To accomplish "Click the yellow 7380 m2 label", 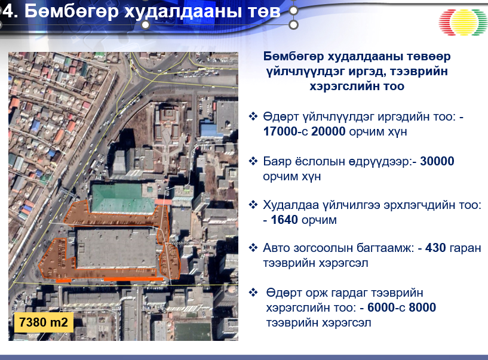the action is click(x=44, y=322).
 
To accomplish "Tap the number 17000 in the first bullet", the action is click(x=280, y=131).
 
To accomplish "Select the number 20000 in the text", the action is click(x=329, y=131).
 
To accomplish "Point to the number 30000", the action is click(x=437, y=161).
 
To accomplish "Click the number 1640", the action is click(x=284, y=220).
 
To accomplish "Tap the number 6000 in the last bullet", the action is click(x=381, y=307).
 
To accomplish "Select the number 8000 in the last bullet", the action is click(x=422, y=307).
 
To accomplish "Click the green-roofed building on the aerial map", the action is click(x=123, y=198).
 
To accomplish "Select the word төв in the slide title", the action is click(x=264, y=12).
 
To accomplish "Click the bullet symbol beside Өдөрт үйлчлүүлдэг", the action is click(x=253, y=116).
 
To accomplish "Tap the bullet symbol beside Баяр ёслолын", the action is click(x=253, y=161).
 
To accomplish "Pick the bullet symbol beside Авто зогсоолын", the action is click(x=253, y=248).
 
